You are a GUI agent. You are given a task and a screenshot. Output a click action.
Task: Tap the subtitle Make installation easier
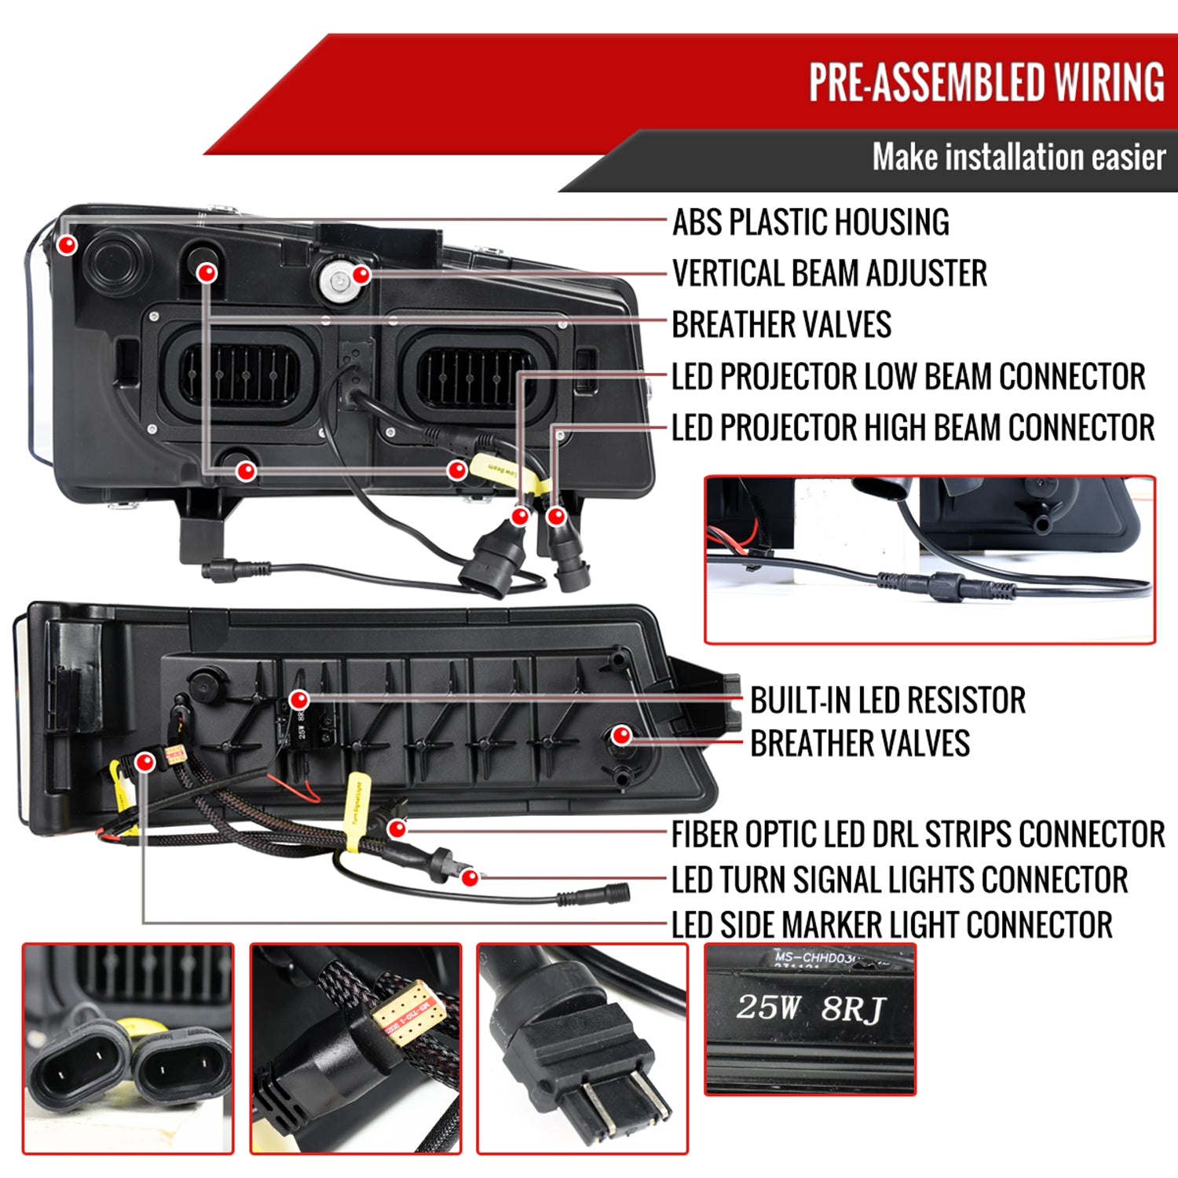pos(1018,157)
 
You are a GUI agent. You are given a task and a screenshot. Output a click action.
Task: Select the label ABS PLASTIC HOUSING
pos(810,222)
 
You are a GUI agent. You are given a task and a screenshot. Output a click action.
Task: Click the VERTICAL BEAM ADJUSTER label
pos(829,273)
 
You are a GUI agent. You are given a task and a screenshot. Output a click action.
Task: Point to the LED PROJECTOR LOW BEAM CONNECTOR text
pos(908,376)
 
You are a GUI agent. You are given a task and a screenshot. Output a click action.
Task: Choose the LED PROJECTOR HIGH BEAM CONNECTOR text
pos(913,428)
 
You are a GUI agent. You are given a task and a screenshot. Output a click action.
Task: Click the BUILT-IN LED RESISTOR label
pos(887,701)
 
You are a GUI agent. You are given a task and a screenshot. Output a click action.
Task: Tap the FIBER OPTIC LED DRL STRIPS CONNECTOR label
pos(917,834)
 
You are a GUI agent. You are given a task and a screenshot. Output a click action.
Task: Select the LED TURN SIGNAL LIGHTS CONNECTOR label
pos(899,880)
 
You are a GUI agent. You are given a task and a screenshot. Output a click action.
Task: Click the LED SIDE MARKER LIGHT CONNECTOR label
pos(891,925)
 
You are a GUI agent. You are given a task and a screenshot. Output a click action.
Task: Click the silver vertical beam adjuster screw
pos(339,280)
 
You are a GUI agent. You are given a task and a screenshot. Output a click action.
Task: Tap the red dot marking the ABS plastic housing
pos(68,244)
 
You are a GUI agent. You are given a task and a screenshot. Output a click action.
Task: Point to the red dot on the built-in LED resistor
pos(298,700)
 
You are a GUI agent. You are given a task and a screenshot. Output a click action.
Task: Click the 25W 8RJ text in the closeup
pos(810,1008)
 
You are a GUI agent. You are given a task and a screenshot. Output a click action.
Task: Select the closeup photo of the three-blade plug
pos(582,1048)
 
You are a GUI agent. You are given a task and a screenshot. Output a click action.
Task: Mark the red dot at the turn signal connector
pos(470,877)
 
